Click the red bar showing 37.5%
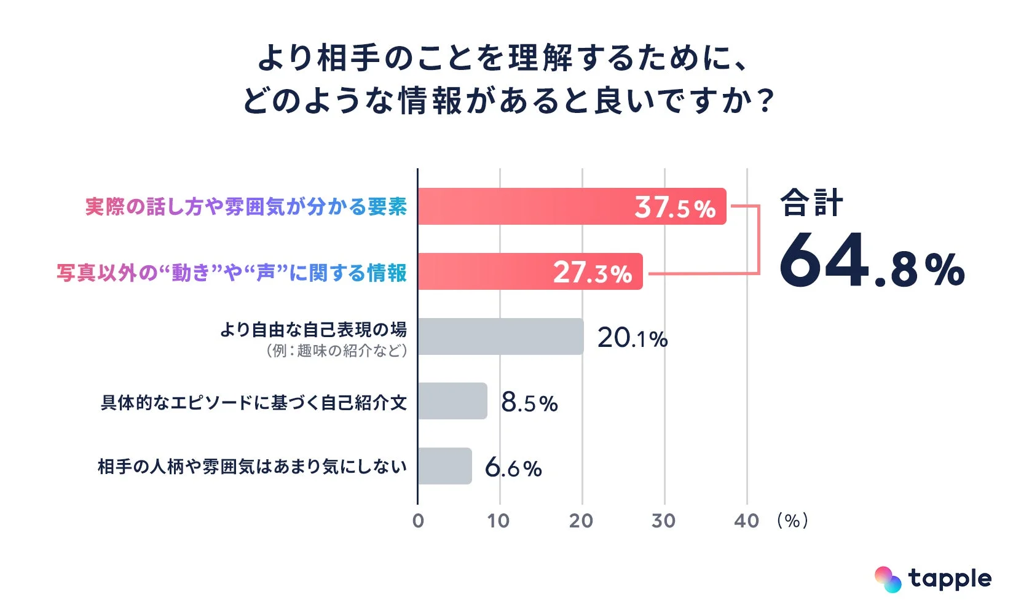tap(572, 206)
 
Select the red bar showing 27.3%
tap(530, 271)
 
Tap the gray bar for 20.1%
tap(500, 336)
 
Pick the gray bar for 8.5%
tap(452, 401)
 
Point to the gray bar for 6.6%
tap(444, 466)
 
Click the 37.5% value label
tap(675, 208)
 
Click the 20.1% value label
tap(632, 338)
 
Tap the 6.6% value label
tap(513, 468)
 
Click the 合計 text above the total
tap(811, 203)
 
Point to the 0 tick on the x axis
tap(418, 521)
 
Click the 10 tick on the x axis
tap(499, 521)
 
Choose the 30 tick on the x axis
tap(663, 521)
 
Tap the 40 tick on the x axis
tap(746, 521)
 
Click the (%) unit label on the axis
tap(792, 521)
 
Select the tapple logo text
tap(950, 579)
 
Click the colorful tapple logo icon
tap(888, 579)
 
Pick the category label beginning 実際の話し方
tap(246, 207)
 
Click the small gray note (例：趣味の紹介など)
tap(336, 351)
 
